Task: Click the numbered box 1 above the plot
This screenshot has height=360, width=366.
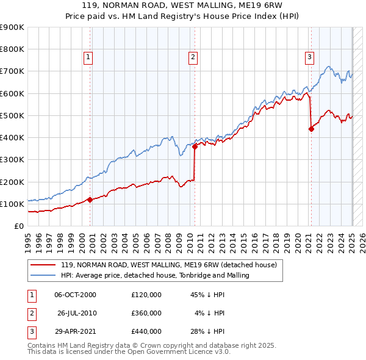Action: (88, 58)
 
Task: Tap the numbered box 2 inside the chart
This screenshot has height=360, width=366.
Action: (193, 58)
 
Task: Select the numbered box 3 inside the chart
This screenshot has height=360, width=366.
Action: (309, 58)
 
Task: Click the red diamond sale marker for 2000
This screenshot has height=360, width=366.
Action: (90, 200)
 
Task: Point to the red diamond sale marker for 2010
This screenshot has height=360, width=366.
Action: (195, 146)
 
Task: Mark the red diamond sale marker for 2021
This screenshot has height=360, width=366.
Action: (311, 129)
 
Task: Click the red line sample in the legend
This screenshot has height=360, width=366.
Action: (43, 265)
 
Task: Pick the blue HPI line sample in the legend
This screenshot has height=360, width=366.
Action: (43, 275)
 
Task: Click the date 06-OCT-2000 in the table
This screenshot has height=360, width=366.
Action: (76, 295)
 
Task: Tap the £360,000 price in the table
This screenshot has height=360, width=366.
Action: (146, 313)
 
